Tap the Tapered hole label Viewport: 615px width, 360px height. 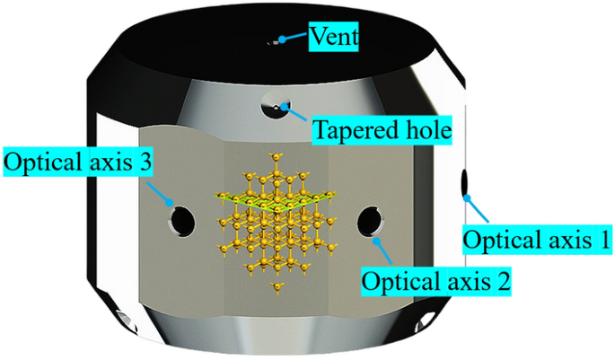point(381,132)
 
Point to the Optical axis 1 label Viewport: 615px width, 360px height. point(536,240)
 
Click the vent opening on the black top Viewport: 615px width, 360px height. point(273,41)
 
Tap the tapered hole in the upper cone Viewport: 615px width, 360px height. point(272,109)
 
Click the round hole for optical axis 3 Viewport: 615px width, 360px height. point(181,218)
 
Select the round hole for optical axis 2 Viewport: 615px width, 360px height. point(370,219)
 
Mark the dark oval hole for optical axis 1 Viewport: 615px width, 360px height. point(466,183)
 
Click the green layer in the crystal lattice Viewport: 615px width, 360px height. point(269,198)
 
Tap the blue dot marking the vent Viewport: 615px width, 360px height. point(282,39)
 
